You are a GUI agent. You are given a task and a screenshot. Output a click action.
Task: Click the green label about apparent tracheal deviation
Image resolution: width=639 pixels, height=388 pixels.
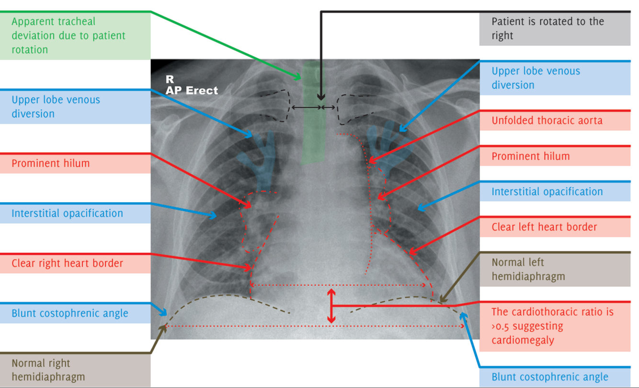coord(75,35)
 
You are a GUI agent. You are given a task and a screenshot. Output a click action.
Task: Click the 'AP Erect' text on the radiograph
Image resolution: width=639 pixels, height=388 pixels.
coord(192,90)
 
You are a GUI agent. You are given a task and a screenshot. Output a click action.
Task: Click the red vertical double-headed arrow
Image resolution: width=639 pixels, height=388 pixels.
coord(331,306)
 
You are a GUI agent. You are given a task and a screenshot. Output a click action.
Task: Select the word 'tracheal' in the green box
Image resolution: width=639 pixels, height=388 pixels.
coord(78,22)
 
